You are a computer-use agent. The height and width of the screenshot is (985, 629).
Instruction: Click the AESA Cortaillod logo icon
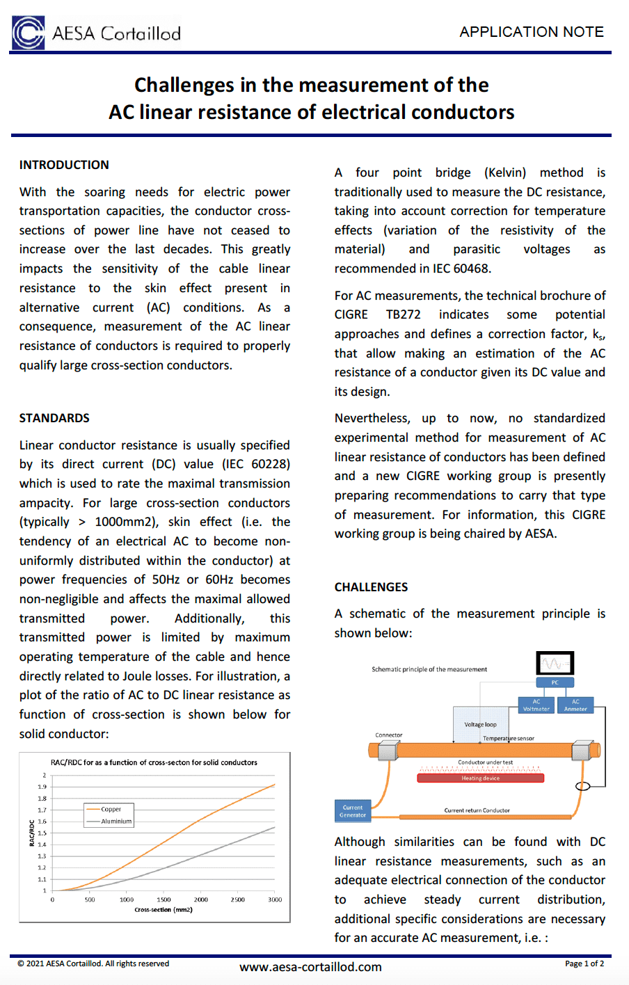point(29,33)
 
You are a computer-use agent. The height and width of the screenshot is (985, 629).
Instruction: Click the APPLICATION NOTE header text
point(531,32)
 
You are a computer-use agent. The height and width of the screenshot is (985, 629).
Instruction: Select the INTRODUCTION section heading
point(64,165)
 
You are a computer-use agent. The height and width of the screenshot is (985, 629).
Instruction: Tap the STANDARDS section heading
point(54,418)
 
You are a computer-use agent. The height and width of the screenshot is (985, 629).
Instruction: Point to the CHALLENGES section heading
point(371,587)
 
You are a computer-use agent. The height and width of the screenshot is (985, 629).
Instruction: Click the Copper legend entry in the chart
point(111,810)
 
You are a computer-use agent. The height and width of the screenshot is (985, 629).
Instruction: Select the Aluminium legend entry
point(116,822)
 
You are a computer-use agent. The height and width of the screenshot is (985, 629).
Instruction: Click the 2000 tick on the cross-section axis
point(200,900)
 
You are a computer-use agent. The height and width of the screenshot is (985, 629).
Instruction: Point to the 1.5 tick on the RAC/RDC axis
point(42,833)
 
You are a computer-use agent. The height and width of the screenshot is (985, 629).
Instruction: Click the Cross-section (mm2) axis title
point(164,910)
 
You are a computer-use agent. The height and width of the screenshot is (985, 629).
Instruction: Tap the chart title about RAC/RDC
point(154,762)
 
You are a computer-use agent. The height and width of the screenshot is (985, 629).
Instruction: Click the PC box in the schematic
point(555,682)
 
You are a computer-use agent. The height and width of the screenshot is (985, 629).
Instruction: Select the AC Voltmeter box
point(536,705)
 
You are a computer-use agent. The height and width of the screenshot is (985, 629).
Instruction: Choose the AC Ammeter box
point(575,705)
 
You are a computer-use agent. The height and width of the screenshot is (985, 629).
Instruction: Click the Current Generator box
point(352,811)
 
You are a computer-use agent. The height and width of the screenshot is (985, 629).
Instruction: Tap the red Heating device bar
point(480,778)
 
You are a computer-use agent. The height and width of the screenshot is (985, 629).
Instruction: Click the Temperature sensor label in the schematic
point(509,739)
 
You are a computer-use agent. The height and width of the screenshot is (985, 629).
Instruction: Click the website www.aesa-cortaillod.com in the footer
point(310,967)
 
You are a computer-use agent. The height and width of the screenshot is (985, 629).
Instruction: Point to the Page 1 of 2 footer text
point(584,963)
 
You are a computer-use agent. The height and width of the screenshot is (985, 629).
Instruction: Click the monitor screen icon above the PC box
point(555,663)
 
